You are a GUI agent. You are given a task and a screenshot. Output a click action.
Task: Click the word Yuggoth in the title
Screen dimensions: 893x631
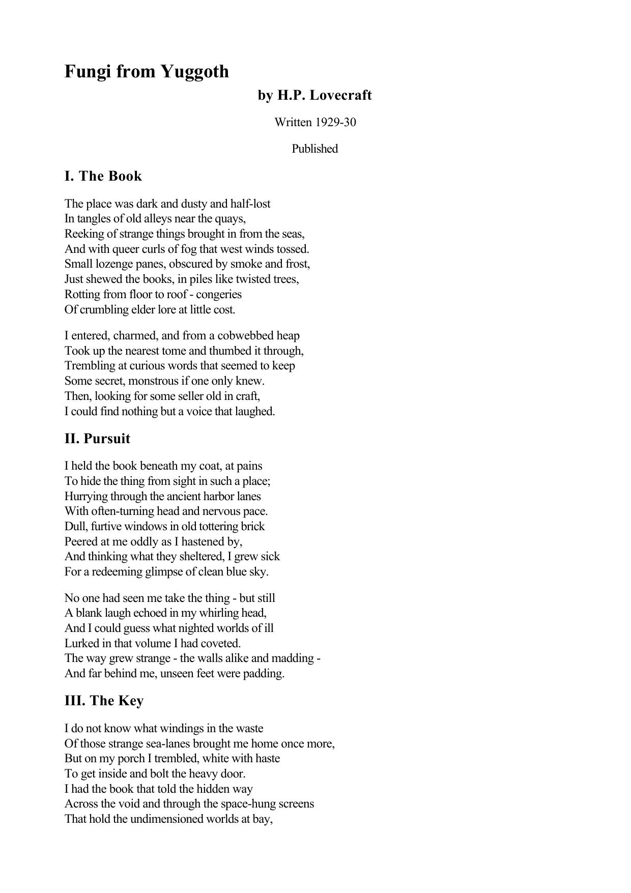coord(195,72)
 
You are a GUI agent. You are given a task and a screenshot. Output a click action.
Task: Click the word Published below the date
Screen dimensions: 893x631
coord(314,149)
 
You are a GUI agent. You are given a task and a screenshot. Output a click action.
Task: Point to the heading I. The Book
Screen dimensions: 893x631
coord(103,176)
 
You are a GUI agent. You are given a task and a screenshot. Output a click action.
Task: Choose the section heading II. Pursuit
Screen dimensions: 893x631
coord(97,439)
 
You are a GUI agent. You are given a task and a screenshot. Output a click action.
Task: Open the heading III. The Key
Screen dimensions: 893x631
coord(104,701)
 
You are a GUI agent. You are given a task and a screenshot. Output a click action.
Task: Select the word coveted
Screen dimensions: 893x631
coord(219,643)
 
